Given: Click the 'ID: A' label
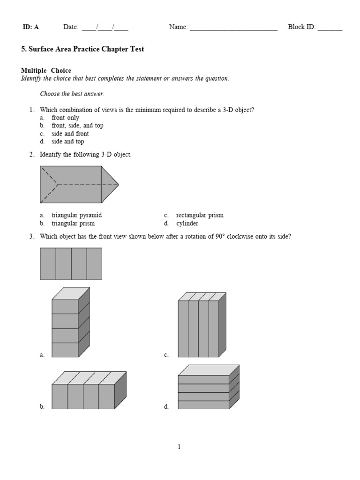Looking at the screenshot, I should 30,27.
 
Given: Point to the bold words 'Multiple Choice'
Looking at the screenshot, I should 46,71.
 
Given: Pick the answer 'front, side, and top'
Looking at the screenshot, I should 77,126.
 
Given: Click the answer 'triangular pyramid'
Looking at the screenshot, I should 76,215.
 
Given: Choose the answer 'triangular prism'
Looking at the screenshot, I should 73,223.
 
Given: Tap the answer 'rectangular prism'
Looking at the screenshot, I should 200,215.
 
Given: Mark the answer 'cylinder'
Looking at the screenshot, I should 187,223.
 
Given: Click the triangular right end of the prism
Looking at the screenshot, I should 110,184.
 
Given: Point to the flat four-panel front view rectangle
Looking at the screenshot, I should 71,263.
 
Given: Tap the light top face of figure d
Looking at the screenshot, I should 209,370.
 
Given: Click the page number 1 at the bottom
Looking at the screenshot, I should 179,447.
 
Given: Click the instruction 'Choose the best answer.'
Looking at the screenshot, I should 72,94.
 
